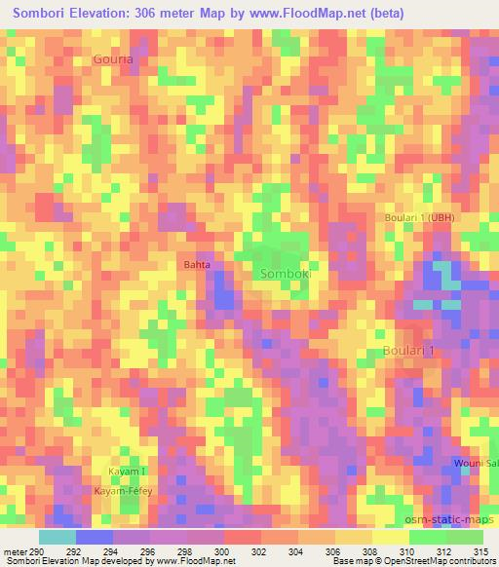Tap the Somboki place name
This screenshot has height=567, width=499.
pos(287,275)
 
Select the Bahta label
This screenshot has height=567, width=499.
pos(197,264)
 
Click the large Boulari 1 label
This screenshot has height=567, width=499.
pos(408,350)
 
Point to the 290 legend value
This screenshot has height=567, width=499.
pos(37,550)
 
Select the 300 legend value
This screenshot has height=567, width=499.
pos(223,550)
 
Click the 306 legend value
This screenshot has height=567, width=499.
pos(334,550)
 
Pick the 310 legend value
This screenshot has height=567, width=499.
pos(408,550)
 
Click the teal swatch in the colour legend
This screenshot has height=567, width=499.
pos(57,537)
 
